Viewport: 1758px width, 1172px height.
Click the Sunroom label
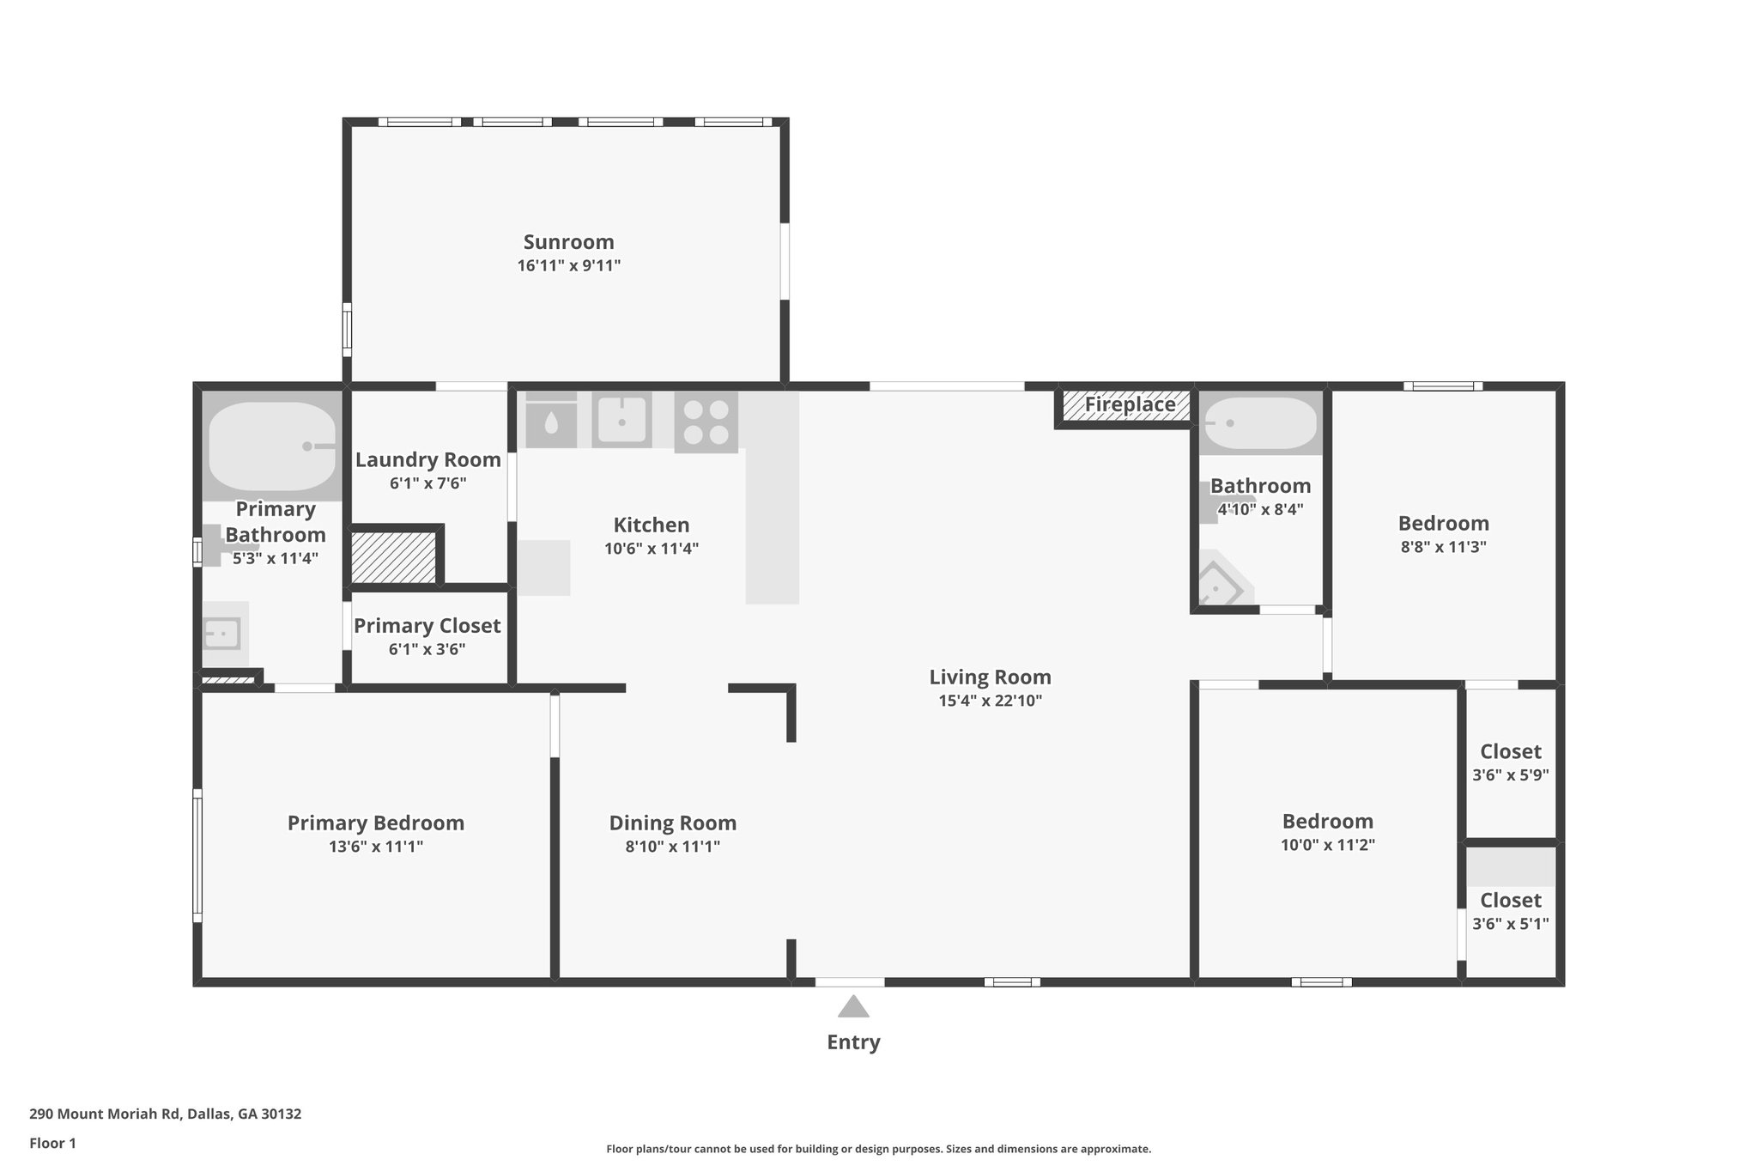tap(568, 242)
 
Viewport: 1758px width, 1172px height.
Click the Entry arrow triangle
tap(852, 1006)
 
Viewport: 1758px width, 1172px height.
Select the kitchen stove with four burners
tap(706, 422)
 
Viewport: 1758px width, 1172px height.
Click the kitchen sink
tap(621, 420)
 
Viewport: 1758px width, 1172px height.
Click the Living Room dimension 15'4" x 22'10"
tap(990, 701)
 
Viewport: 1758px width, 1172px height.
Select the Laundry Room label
tap(427, 459)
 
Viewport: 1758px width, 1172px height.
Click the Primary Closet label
tap(427, 625)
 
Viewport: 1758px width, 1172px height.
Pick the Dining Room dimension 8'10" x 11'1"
tap(672, 847)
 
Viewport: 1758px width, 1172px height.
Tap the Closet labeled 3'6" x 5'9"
tap(1510, 751)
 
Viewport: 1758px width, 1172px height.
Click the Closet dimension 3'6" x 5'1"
tap(1510, 924)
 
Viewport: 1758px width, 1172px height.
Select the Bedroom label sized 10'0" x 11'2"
tap(1327, 821)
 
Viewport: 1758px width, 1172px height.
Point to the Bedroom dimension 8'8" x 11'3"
tap(1443, 547)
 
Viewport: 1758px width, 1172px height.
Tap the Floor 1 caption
tap(52, 1143)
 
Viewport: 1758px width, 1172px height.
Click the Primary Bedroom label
tap(375, 823)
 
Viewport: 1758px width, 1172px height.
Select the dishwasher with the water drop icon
tap(550, 421)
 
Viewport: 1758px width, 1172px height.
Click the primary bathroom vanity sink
tap(221, 635)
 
